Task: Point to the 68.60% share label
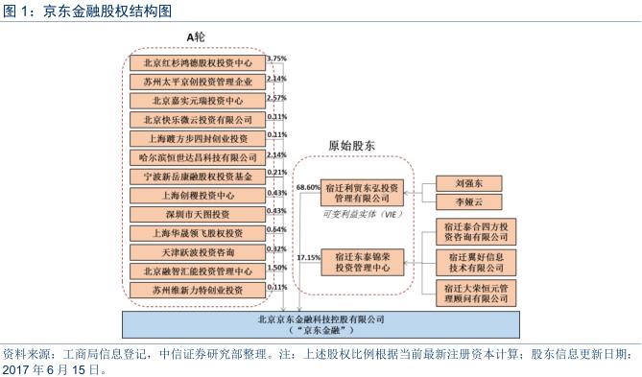click(308, 187)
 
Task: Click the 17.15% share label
click(308, 259)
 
